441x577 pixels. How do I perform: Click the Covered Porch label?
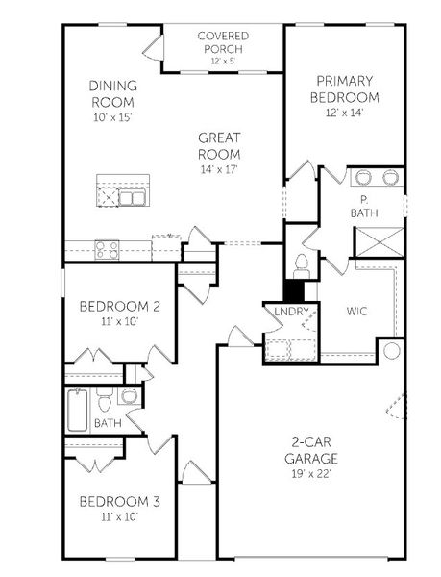point(223,41)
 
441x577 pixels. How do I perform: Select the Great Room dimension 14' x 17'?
point(219,168)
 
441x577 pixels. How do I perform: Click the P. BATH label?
point(364,206)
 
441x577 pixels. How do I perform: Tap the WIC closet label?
point(356,312)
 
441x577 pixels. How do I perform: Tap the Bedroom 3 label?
point(119,501)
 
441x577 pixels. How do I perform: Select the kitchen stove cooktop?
point(106,250)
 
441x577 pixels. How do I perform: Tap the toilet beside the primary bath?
point(301,264)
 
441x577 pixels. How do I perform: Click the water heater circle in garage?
point(392,351)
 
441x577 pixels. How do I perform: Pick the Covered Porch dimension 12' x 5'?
point(223,61)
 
